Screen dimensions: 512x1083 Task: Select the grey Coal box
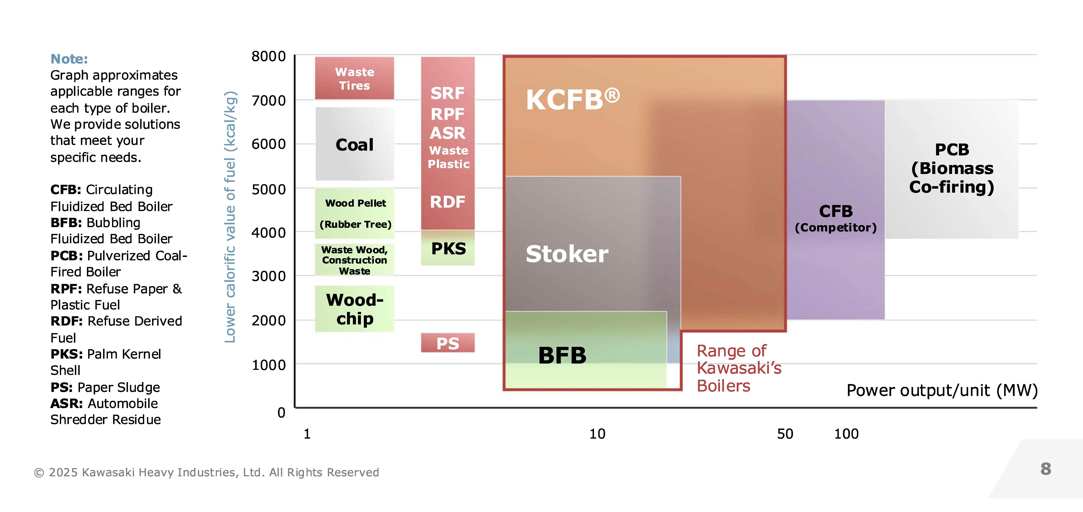tap(354, 144)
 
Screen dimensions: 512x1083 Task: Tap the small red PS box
tap(448, 343)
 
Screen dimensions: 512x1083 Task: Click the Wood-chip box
tap(354, 309)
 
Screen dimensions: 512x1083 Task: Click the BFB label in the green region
tap(562, 355)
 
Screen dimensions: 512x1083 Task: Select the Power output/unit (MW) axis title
tap(942, 390)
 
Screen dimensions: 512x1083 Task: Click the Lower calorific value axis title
tap(230, 217)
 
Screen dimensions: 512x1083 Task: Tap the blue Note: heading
tap(69, 59)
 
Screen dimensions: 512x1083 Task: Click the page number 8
tap(1046, 469)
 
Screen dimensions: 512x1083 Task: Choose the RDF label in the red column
tap(448, 202)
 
